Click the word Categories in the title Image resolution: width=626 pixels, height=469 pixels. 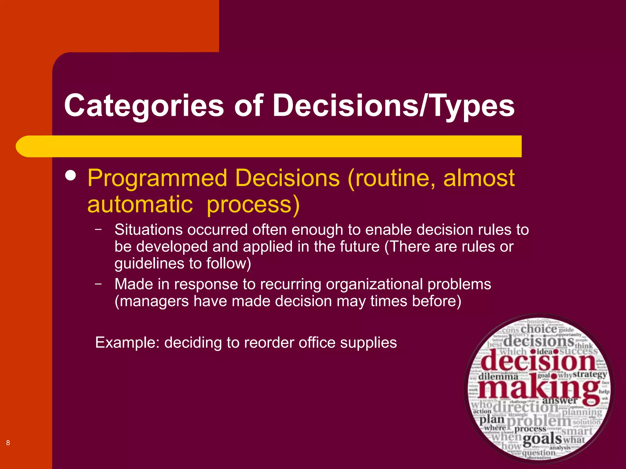coord(144,106)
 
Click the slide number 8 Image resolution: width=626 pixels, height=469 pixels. coord(8,443)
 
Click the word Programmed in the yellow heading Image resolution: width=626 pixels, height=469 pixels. coord(157,178)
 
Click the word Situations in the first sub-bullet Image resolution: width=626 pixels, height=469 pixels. coord(149,230)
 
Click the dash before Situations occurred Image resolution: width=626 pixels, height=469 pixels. coord(98,229)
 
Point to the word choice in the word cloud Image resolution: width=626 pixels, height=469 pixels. coord(539,329)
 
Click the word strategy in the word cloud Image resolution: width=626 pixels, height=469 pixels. coord(590,374)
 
